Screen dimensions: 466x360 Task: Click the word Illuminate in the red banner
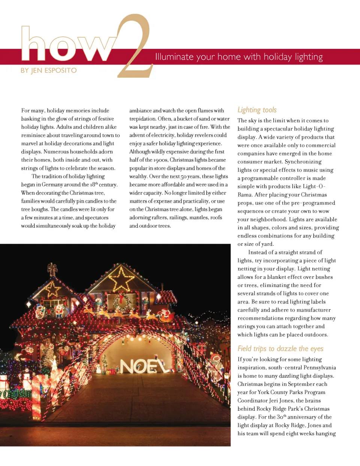click(174, 57)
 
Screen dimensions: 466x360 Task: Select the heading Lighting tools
click(257, 110)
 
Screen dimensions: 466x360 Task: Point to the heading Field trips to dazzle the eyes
click(280, 349)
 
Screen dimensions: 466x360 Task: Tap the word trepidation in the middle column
click(142, 119)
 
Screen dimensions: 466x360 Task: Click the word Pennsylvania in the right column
click(318, 368)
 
